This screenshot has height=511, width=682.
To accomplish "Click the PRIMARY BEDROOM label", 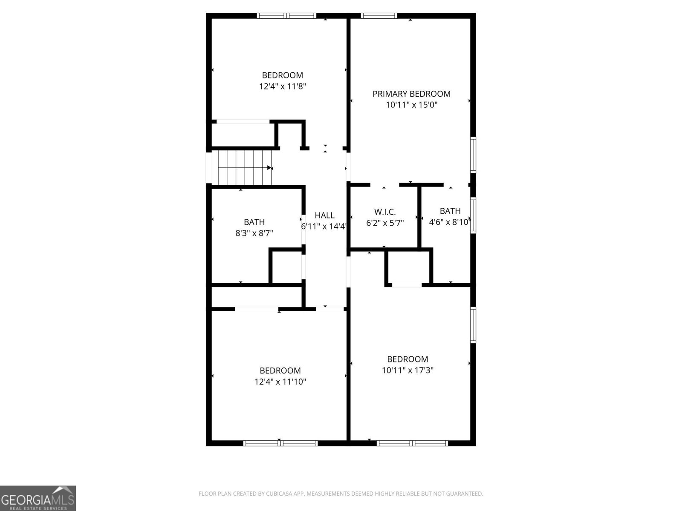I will [x=411, y=94].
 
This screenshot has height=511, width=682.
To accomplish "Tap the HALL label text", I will [x=324, y=215].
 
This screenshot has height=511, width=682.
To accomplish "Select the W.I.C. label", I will [x=385, y=212].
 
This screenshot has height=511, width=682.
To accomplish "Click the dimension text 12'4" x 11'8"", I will [x=283, y=86].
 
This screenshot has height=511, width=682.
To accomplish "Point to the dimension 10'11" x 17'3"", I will [x=407, y=370].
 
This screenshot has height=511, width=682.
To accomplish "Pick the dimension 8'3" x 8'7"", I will [x=254, y=233].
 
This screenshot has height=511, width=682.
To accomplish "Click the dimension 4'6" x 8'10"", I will [x=450, y=222].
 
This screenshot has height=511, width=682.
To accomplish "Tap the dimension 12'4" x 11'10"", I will [x=280, y=382].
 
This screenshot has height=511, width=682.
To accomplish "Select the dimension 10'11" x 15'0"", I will [x=411, y=105].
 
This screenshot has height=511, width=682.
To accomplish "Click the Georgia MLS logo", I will [x=38, y=498].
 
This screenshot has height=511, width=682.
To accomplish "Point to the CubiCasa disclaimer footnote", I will [x=341, y=494].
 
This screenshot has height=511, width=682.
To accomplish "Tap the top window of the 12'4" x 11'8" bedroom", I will [x=286, y=16].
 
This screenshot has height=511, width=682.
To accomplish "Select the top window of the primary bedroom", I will [x=379, y=16].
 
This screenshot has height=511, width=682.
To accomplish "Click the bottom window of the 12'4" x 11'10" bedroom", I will [x=280, y=443].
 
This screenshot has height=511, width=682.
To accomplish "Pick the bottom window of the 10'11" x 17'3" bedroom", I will [x=412, y=443].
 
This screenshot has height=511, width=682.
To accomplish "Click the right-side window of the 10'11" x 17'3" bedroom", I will [x=473, y=324].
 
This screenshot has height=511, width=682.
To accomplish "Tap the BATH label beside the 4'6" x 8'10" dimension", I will [x=450, y=211].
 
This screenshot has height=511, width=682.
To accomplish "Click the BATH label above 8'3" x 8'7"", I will [x=254, y=222].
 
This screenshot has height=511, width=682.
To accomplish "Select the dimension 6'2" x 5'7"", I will [x=385, y=223].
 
